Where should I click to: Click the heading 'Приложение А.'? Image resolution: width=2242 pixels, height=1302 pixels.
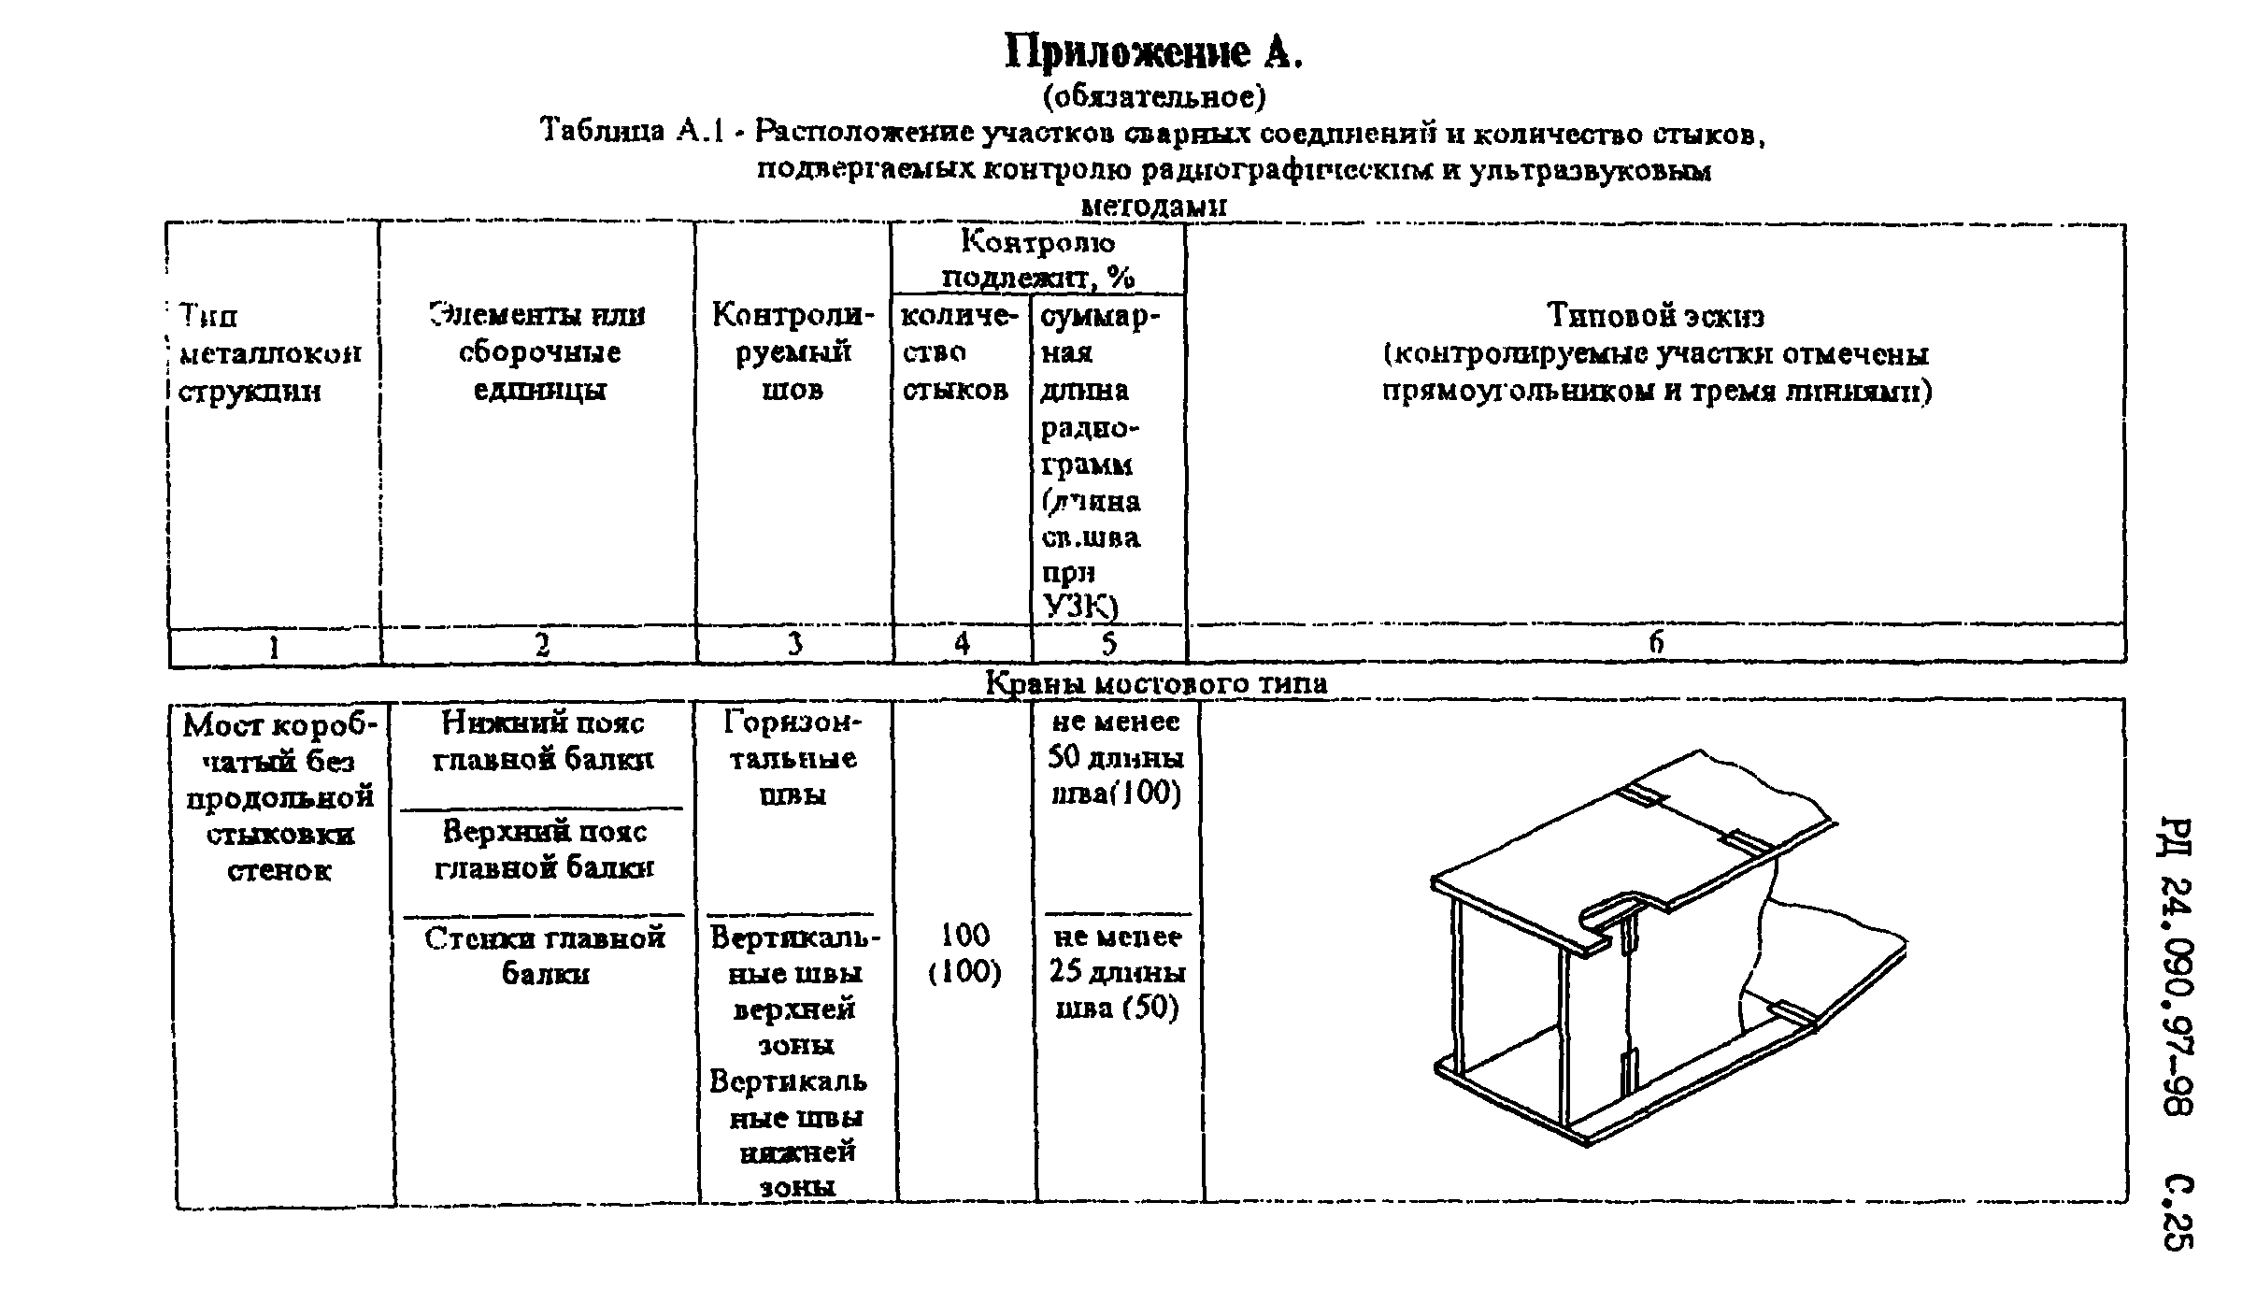(1153, 52)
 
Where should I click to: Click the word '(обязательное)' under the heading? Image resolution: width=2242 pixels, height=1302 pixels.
(1153, 96)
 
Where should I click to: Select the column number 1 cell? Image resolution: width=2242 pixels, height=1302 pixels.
(274, 646)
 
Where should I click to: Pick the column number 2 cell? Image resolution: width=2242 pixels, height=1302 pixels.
(541, 645)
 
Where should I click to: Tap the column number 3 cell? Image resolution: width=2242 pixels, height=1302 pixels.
(794, 644)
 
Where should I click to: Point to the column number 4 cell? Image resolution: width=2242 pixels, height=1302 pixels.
(962, 643)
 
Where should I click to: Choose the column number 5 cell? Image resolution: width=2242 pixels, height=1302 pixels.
(1108, 643)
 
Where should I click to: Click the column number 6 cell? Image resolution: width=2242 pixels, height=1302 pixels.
(1655, 642)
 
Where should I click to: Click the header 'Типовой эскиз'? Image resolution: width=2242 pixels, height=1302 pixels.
(1655, 316)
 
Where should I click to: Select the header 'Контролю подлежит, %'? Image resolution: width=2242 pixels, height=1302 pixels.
(1037, 260)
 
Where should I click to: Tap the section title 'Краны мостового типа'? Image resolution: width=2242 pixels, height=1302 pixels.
(1156, 683)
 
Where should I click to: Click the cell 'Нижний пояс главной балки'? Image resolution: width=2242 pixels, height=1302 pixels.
(543, 740)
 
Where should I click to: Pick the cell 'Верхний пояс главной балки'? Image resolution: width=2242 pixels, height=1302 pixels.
(544, 850)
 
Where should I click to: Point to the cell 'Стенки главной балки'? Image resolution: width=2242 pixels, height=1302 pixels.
(545, 955)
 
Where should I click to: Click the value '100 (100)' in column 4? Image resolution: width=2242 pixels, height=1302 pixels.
(964, 953)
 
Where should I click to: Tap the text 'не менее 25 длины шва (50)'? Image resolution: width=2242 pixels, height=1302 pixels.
(1117, 972)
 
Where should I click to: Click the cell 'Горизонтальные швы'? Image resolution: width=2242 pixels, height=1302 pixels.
(793, 758)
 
